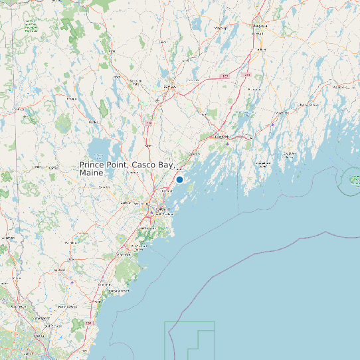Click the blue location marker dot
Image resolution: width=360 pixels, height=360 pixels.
pos(179,179)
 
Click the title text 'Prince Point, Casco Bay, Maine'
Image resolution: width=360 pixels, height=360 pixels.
pos(126,168)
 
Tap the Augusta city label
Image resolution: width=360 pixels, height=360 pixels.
pos(260,26)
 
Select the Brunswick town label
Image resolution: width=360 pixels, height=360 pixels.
pos(221,137)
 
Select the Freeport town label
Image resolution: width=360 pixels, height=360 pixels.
pos(195,154)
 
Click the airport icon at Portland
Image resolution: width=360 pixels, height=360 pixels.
pos(151,213)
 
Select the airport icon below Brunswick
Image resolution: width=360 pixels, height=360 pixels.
pos(228,142)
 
